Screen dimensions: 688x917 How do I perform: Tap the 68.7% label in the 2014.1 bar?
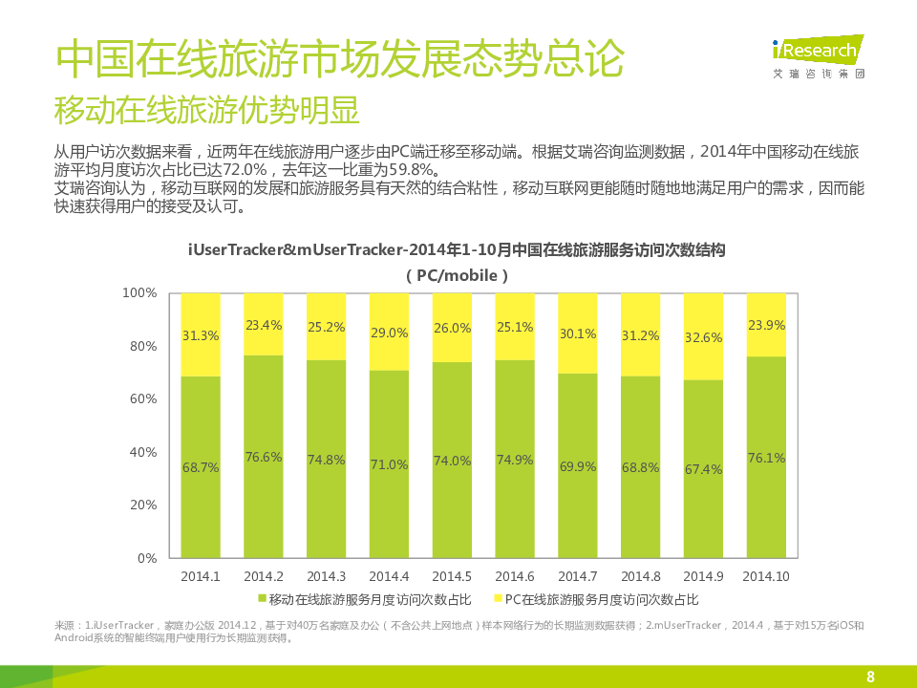tap(201, 468)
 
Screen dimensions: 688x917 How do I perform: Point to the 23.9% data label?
tap(766, 325)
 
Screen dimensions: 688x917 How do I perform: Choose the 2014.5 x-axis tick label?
tap(452, 576)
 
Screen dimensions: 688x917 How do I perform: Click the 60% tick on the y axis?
tap(141, 398)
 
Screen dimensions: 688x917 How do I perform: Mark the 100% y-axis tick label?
tap(139, 292)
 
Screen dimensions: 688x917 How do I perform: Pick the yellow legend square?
tap(497, 599)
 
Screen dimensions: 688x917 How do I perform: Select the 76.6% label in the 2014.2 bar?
tap(264, 457)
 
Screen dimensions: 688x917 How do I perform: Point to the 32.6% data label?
tap(703, 337)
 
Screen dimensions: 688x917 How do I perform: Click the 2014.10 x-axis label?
tap(766, 576)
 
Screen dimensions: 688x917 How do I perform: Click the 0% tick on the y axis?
tap(146, 558)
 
